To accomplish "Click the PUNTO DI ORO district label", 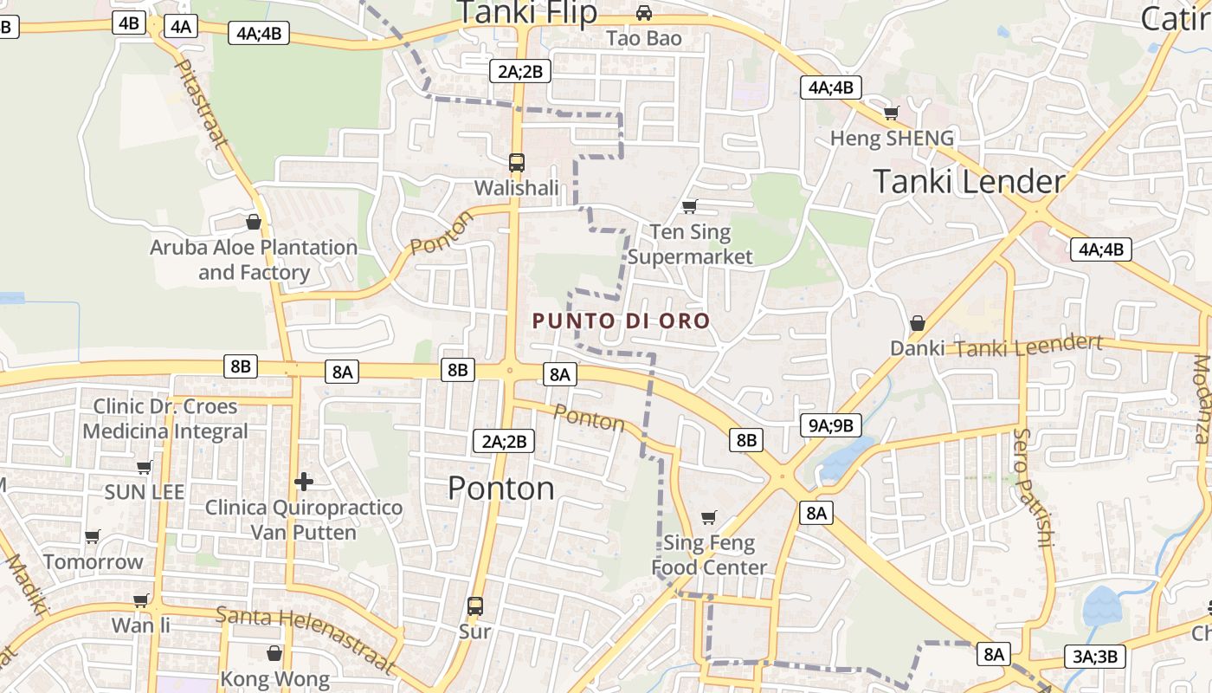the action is click(621, 321).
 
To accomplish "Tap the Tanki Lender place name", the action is click(969, 182).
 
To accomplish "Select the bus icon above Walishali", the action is click(517, 162).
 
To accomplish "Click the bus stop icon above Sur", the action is click(475, 606).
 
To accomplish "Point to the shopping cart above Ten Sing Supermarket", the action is click(690, 206).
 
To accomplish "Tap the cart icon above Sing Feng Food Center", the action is click(709, 517).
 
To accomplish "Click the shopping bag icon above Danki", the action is click(918, 323).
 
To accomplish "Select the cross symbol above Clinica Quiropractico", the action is click(304, 482).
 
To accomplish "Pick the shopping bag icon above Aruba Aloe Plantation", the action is click(254, 222).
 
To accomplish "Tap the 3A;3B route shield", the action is click(1095, 656).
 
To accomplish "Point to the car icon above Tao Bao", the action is click(644, 13).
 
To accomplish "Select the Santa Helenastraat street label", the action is click(306, 639).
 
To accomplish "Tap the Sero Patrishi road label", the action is click(1034, 487).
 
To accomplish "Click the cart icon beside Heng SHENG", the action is click(891, 113).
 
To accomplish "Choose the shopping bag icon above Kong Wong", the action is click(274, 653).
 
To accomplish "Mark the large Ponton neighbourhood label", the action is click(501, 489).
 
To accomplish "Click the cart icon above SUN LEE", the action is click(145, 467).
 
